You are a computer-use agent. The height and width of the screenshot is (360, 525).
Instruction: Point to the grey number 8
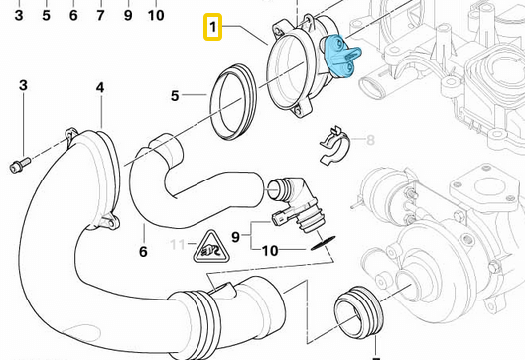click(371, 140)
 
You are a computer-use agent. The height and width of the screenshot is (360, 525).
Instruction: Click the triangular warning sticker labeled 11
click(211, 243)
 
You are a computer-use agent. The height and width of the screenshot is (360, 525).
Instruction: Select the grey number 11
click(177, 243)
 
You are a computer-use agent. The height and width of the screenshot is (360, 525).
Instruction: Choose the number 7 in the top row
click(99, 16)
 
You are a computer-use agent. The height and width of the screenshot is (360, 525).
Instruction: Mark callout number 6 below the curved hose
click(143, 252)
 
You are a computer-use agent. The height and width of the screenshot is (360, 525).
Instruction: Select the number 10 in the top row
click(156, 16)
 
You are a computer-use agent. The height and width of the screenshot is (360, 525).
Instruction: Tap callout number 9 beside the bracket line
click(235, 236)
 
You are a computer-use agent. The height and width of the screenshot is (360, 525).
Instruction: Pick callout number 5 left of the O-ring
click(175, 96)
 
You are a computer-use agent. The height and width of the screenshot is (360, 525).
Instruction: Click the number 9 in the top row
click(127, 16)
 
